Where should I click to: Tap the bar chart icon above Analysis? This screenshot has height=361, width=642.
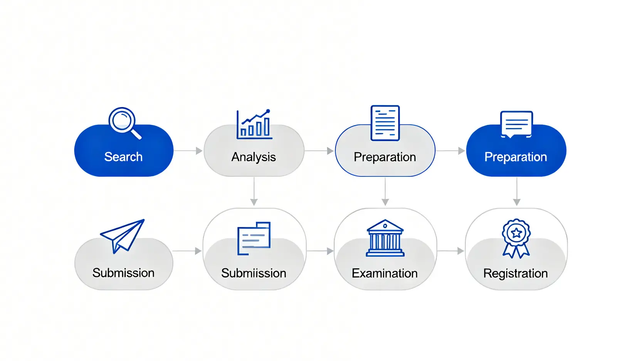[254, 124]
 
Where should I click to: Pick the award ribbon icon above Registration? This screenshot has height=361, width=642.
[516, 238]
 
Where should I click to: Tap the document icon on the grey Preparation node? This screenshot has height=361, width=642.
[385, 123]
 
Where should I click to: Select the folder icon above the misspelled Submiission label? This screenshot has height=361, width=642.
[254, 238]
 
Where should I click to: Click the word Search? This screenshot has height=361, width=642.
[123, 157]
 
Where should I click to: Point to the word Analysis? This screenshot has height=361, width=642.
[254, 157]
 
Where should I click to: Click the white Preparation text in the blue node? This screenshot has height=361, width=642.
[516, 157]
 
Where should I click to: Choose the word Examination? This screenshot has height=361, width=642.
[385, 273]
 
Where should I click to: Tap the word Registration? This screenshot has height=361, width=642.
[515, 273]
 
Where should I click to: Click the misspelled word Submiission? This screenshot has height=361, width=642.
[254, 273]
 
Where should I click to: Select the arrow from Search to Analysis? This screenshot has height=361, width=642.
[188, 151]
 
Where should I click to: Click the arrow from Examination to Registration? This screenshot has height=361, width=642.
[450, 251]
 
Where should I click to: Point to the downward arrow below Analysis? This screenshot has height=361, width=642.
[254, 191]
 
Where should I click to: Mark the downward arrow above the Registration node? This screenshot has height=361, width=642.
[517, 191]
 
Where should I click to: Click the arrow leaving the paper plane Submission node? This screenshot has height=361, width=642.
[187, 251]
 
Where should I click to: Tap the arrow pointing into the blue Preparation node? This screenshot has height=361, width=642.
[450, 151]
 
